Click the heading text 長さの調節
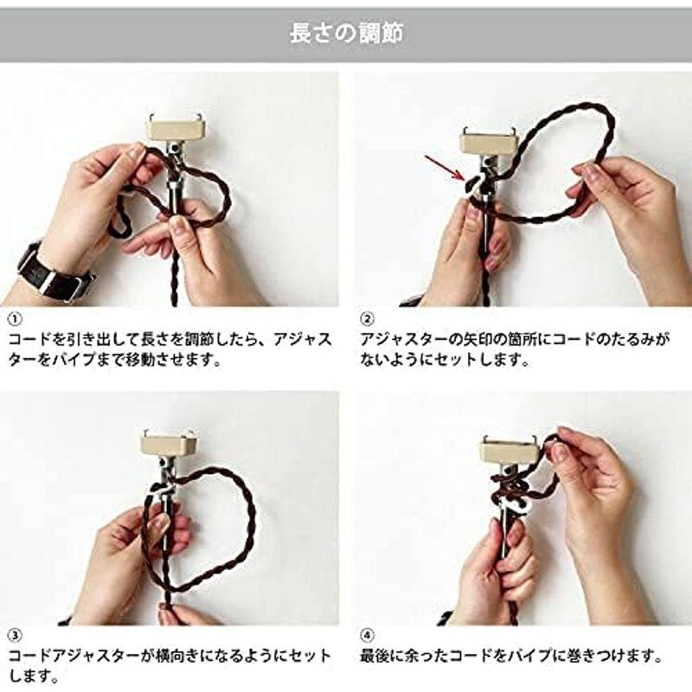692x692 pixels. pyautogui.click(x=346, y=34)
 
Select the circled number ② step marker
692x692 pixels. pyautogui.click(x=367, y=318)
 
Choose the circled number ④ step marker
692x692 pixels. pyautogui.click(x=367, y=636)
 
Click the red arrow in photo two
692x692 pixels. pyautogui.click(x=444, y=168)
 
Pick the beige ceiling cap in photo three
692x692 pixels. pyautogui.click(x=169, y=445)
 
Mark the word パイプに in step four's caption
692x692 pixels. pyautogui.click(x=533, y=656)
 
